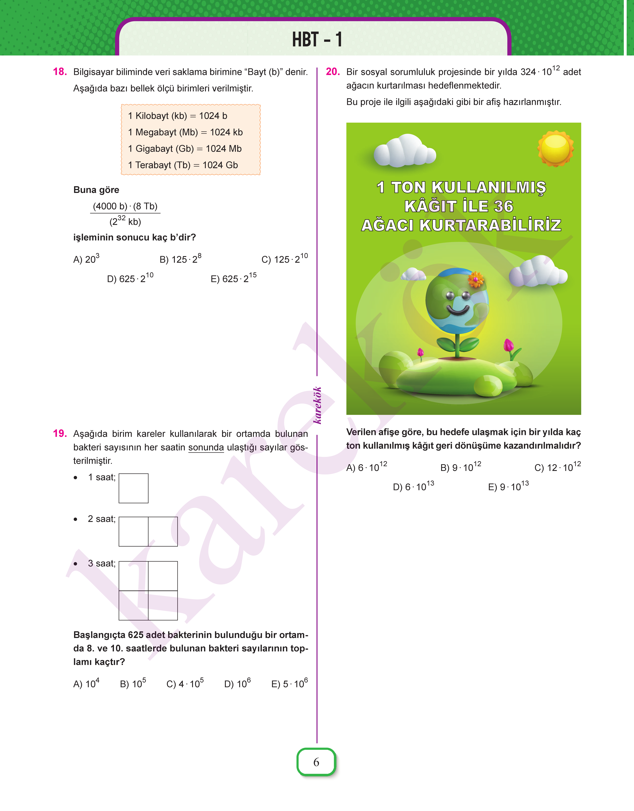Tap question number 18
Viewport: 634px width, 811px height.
[60, 72]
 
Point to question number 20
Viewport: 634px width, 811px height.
[333, 72]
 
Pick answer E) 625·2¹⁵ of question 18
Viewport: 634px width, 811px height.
[233, 278]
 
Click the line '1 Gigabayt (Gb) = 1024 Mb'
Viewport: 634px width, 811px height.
[185, 149]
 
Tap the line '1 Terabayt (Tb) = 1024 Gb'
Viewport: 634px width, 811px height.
[183, 165]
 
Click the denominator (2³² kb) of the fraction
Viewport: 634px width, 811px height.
[125, 221]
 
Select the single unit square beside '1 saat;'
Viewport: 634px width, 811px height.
[134, 488]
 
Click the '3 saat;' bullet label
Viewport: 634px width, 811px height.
[101, 563]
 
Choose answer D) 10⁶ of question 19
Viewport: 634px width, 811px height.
[238, 684]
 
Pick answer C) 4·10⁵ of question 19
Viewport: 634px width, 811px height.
[185, 684]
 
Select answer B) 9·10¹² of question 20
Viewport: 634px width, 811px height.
[461, 467]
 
